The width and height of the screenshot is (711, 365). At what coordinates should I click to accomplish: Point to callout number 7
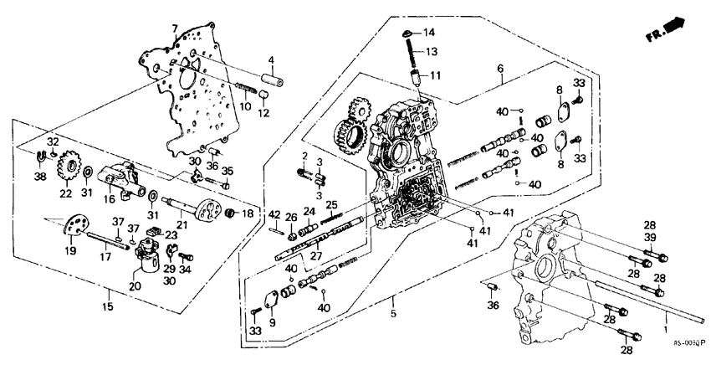click(174, 28)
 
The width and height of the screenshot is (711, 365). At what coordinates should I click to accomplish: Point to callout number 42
click(275, 214)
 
